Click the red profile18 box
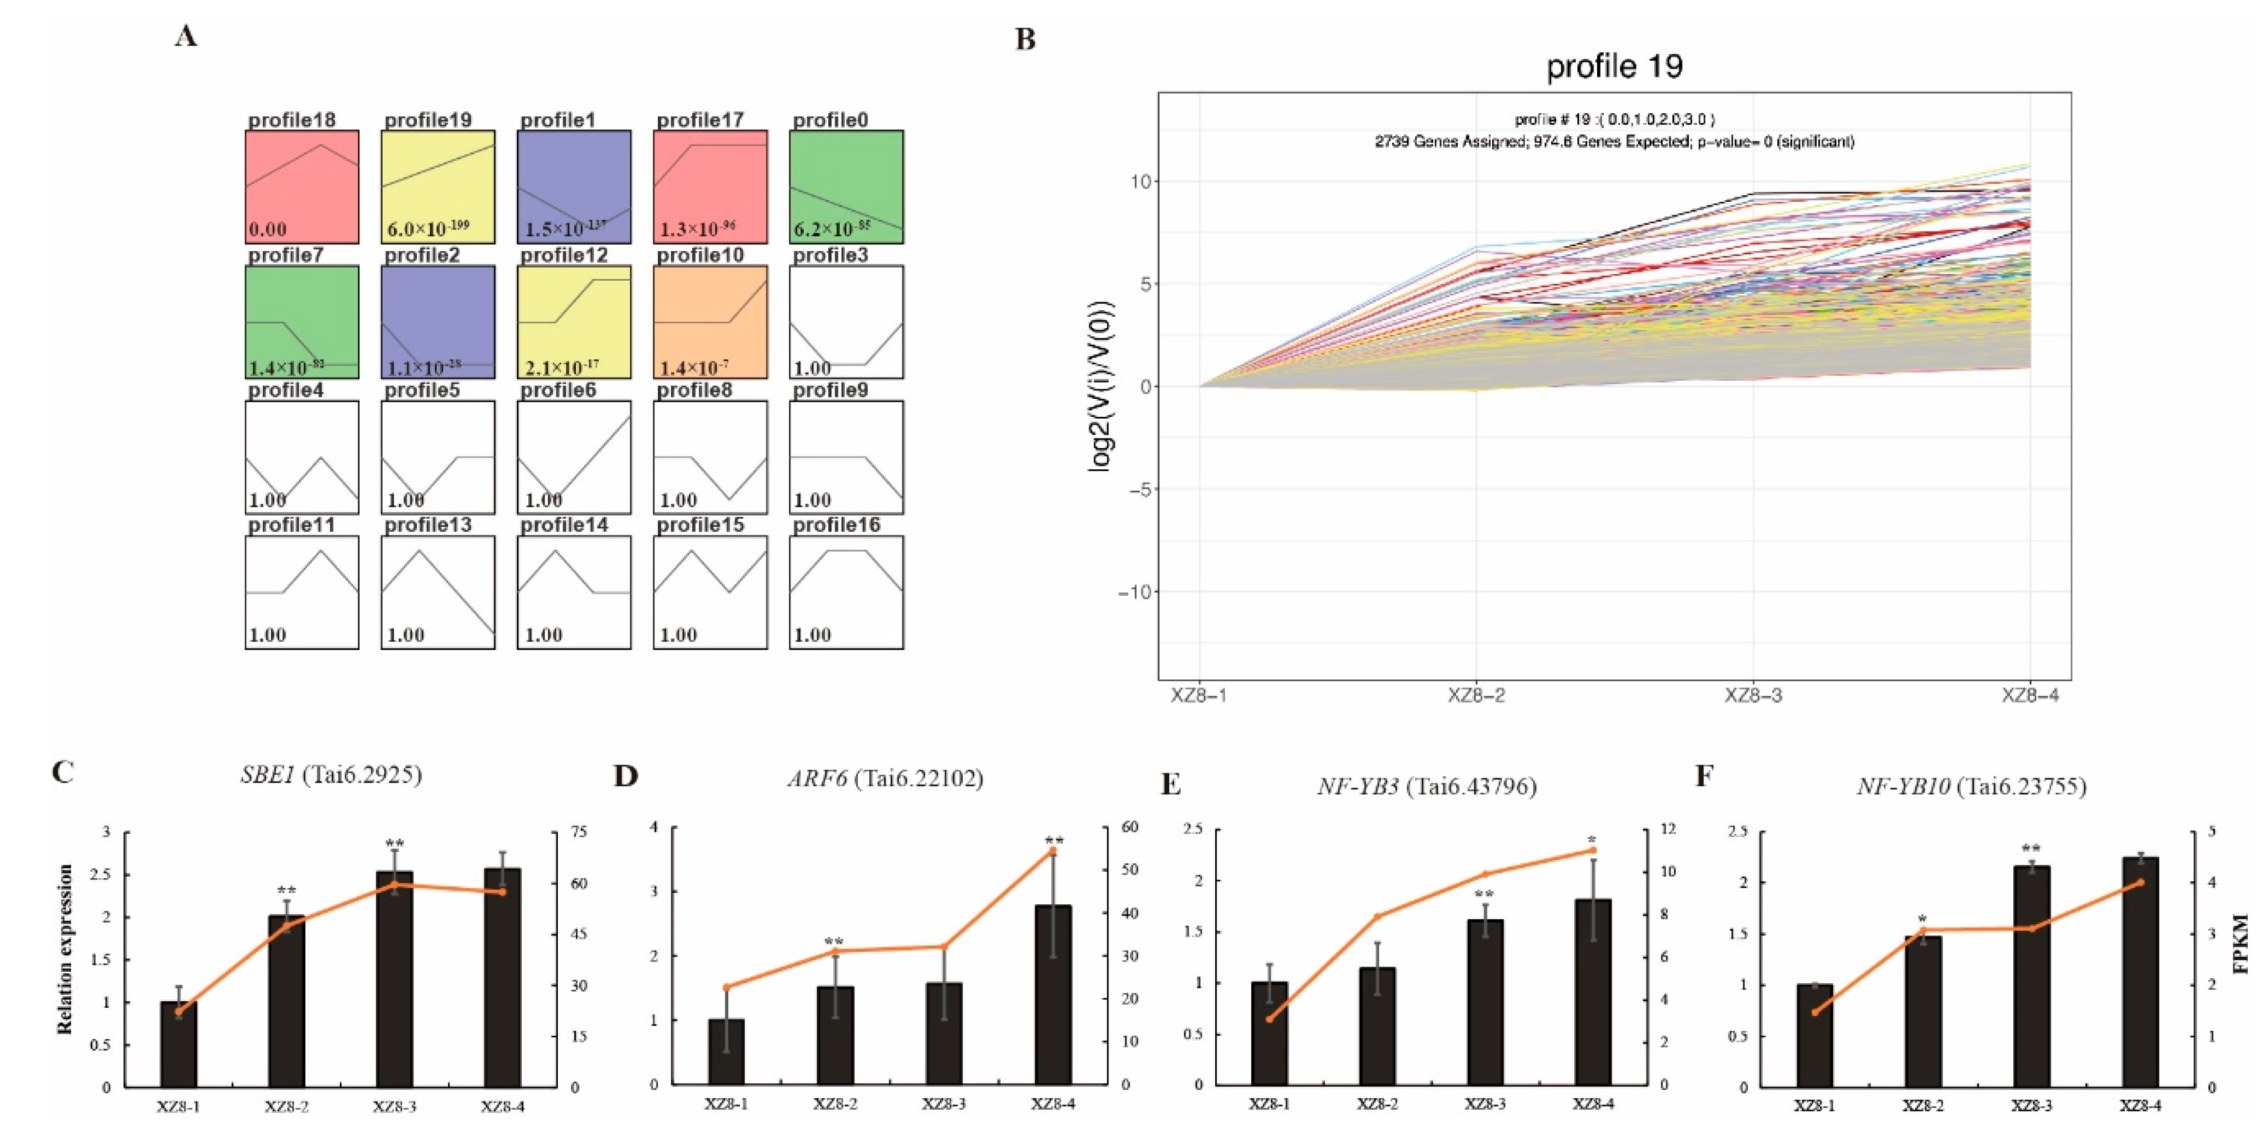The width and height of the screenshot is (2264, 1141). [x=301, y=186]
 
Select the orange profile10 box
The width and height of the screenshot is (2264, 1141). [x=710, y=322]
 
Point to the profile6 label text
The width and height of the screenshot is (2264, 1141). [x=559, y=390]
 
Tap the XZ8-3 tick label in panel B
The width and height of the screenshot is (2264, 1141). [x=1753, y=695]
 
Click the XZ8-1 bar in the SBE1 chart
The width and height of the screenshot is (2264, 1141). [x=178, y=1044]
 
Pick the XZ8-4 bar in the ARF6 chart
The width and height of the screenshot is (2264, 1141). [x=1053, y=994]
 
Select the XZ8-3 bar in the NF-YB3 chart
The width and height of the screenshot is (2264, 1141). [x=1485, y=1002]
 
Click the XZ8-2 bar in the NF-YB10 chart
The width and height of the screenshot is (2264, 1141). [x=1923, y=1012]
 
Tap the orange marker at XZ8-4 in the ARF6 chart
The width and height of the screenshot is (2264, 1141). [x=1053, y=851]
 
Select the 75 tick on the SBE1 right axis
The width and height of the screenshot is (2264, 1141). [x=579, y=831]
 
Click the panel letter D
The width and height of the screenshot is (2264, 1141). [x=625, y=776]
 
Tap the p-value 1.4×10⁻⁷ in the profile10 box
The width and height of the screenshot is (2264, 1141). [x=694, y=366]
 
